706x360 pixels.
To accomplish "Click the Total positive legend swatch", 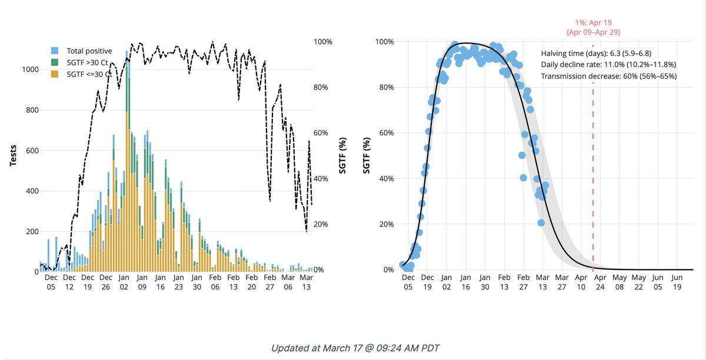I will coord(55,51).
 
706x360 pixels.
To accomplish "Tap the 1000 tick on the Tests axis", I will coord(29,69).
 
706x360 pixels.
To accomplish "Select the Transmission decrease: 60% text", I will coord(608,76).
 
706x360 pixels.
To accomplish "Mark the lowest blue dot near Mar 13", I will coord(541,222).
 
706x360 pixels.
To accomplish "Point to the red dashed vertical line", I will coord(592,176).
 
